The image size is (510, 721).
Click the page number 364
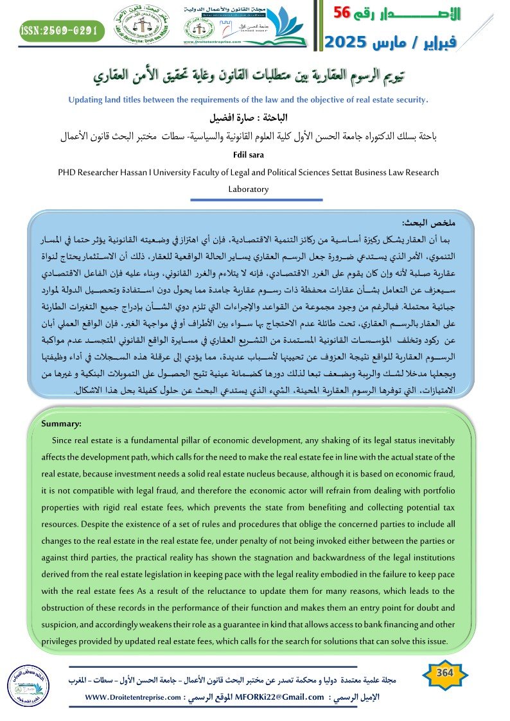click(x=444, y=672)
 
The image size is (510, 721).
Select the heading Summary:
click(x=61, y=424)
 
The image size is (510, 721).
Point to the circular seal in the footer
click(x=26, y=682)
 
